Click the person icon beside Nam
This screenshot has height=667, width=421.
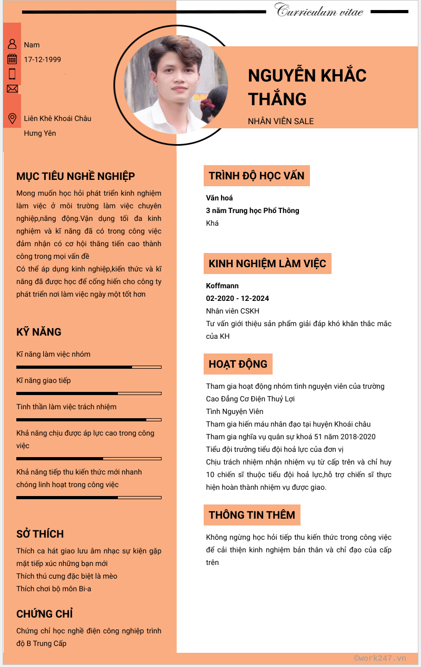coord(12,44)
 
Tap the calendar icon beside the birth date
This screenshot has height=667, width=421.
coord(12,59)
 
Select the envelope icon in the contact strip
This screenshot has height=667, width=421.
coord(12,88)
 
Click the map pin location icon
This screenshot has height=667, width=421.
coord(12,118)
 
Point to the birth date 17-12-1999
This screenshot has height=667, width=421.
coord(43,59)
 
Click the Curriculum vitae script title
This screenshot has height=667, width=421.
coord(319,11)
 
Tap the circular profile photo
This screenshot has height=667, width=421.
coord(176,84)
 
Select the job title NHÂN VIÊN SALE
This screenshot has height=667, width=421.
coord(280,121)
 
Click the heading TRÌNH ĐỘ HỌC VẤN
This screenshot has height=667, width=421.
coord(256,176)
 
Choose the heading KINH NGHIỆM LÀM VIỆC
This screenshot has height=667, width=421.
coord(267,264)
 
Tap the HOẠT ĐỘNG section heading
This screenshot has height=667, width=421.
coord(238,364)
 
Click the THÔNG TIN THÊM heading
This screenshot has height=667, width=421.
coord(252,515)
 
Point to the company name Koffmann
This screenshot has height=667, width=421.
coord(222,286)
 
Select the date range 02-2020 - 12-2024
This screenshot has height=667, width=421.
coord(237,298)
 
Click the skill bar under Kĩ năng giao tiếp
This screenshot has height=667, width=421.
coord(88,393)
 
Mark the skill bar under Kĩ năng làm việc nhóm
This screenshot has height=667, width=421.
coord(88,367)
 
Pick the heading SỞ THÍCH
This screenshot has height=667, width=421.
coord(40,534)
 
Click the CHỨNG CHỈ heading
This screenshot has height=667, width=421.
coord(44,614)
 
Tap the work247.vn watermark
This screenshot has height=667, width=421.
coord(380,658)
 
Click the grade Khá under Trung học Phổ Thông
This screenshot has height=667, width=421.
coord(212,223)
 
